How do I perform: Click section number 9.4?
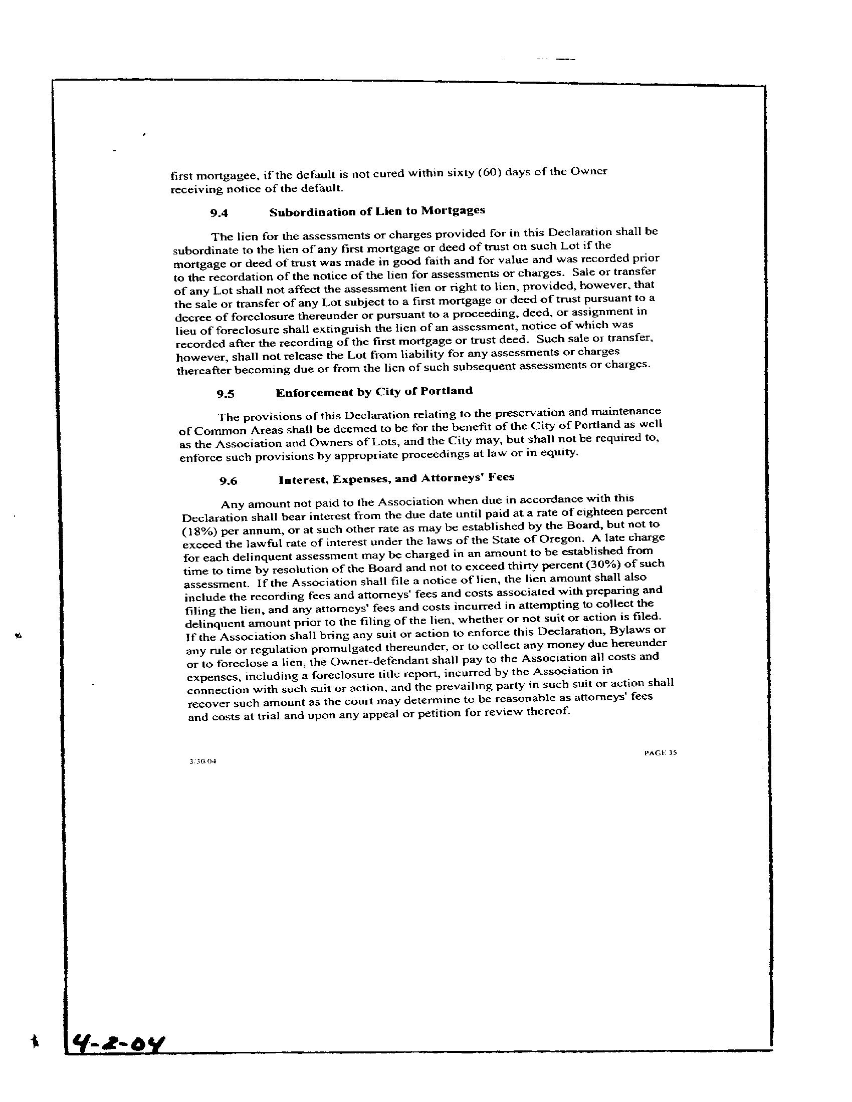(x=219, y=213)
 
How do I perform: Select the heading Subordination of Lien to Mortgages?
(x=377, y=211)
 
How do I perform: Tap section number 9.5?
(x=226, y=394)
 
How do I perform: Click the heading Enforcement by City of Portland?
(x=374, y=392)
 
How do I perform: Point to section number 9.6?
(x=228, y=481)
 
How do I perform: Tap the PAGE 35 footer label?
(x=660, y=753)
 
